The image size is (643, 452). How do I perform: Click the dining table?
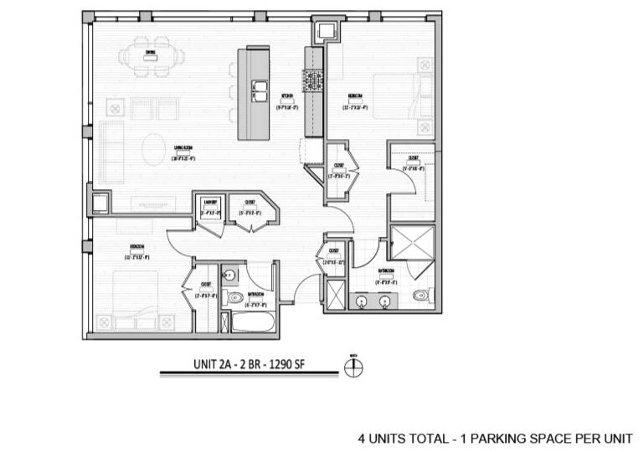(x=152, y=58)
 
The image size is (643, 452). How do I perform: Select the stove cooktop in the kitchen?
(x=314, y=81)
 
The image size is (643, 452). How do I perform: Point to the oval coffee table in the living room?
(x=154, y=149)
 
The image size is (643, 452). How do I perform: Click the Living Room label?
(x=185, y=152)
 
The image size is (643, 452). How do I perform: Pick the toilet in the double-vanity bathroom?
(x=421, y=295)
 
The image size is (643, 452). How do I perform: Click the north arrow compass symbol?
(x=353, y=367)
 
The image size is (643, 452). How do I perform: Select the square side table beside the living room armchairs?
(x=115, y=107)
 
